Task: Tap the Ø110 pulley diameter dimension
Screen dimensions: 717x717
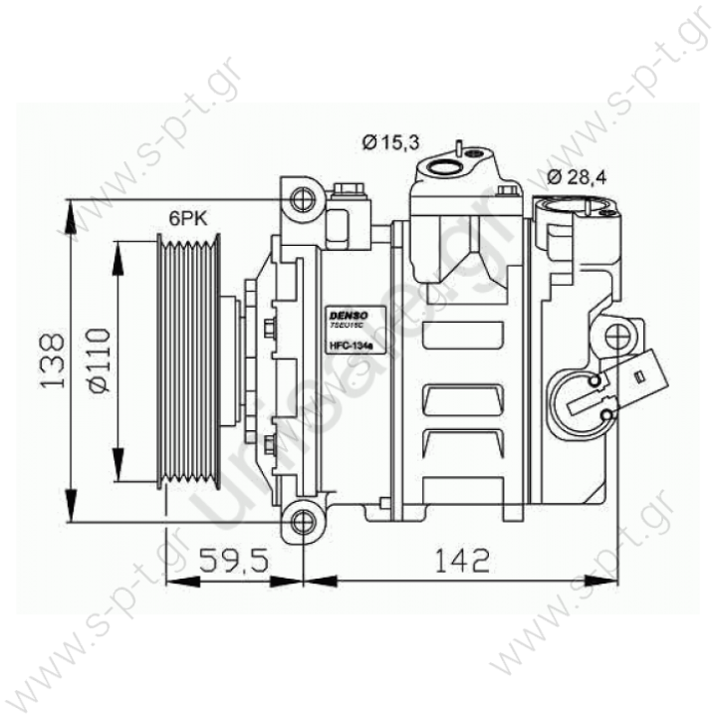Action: [100, 360]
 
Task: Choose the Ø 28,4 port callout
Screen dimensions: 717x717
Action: [579, 178]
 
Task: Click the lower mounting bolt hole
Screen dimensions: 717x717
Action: [300, 519]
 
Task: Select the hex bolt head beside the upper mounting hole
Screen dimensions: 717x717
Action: [349, 190]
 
